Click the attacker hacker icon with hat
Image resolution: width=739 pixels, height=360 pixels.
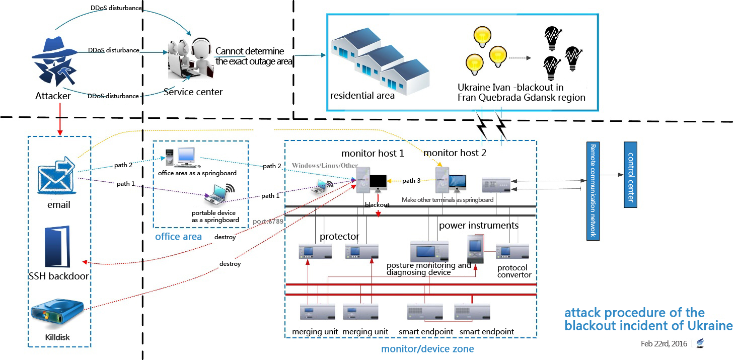[55, 62]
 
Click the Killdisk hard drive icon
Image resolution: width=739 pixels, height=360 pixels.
[57, 314]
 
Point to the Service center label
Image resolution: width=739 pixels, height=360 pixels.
[193, 92]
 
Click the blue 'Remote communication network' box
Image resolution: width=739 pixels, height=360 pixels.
[593, 191]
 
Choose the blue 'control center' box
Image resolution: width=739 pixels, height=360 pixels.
[630, 175]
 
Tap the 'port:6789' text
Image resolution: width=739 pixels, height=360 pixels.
[268, 222]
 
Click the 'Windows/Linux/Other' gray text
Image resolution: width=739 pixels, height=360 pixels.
[325, 165]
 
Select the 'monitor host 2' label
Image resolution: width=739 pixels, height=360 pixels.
[455, 153]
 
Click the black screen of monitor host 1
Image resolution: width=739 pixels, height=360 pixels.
[378, 182]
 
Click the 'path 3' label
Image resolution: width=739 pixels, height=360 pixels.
[411, 180]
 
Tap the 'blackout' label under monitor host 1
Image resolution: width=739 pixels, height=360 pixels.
[377, 205]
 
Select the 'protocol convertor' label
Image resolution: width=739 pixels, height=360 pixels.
[514, 271]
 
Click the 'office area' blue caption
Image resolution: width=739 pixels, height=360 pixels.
[178, 237]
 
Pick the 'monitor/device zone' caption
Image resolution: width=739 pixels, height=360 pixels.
[427, 349]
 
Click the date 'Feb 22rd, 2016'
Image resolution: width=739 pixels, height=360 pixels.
[664, 344]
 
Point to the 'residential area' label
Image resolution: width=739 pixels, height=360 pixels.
[362, 96]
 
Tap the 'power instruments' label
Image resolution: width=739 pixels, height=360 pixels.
[479, 226]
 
